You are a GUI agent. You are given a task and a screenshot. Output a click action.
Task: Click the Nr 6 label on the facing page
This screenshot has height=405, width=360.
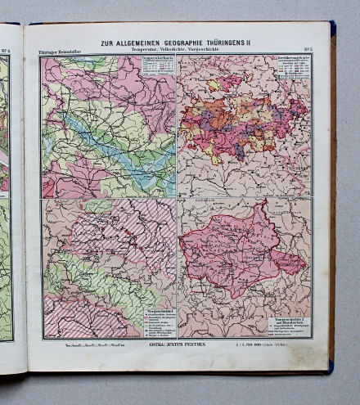(10, 50)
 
